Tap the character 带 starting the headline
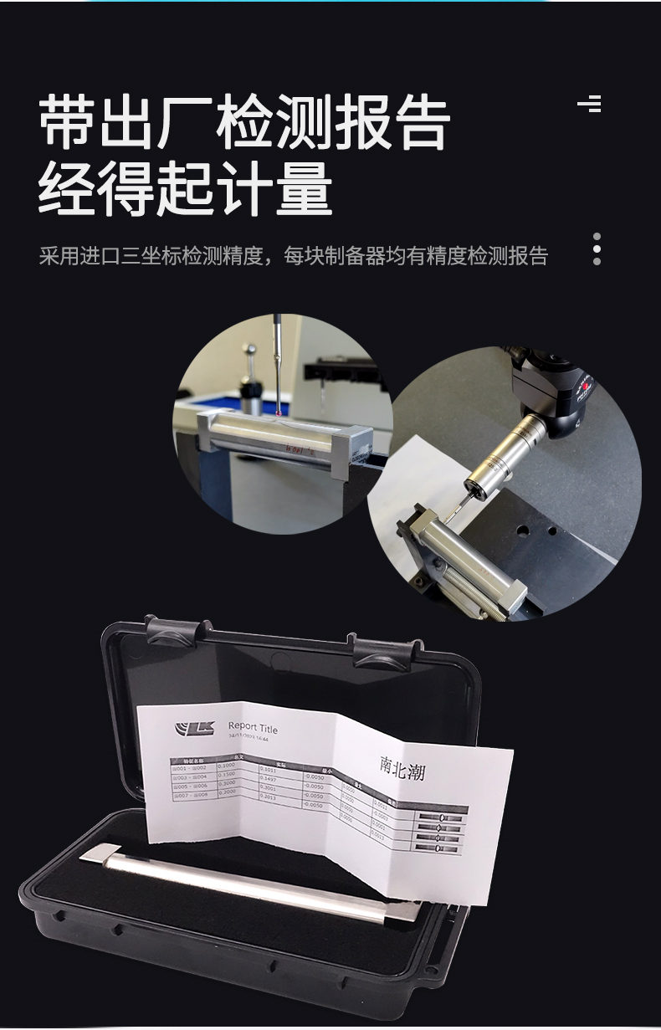point(68,124)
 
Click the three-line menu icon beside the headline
point(590,105)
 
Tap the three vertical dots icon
point(597,249)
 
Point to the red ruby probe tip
point(277,409)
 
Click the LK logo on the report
point(195,727)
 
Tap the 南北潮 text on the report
point(402,768)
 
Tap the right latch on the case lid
point(385,651)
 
